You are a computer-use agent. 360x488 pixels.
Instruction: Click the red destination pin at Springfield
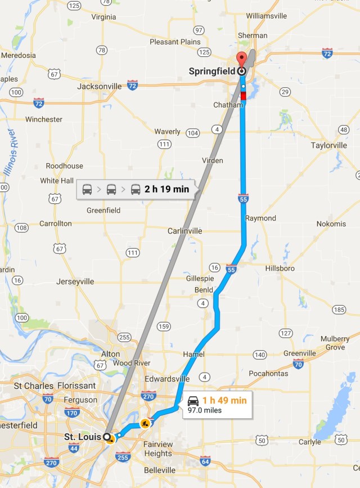(x=241, y=58)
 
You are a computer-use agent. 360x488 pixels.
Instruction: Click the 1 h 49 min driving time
(x=224, y=400)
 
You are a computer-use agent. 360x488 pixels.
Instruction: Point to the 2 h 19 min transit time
(x=166, y=189)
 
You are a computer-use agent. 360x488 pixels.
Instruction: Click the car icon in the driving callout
(x=193, y=401)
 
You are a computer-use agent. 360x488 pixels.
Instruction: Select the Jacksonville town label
(x=100, y=86)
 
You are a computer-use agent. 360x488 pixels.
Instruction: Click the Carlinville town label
(x=184, y=231)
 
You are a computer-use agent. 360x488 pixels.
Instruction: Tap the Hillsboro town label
(x=280, y=268)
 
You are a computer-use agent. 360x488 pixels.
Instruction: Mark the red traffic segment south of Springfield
(x=243, y=96)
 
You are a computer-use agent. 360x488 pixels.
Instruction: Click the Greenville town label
(x=300, y=353)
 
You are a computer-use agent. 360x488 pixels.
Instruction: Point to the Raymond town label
(x=260, y=218)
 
